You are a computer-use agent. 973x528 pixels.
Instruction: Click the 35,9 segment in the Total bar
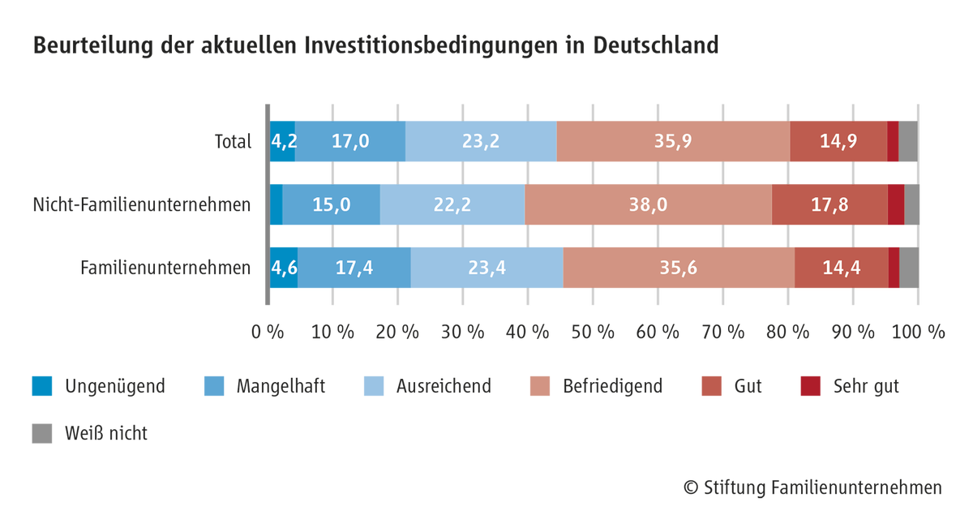point(673,141)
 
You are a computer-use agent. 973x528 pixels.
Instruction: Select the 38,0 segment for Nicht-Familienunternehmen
point(648,204)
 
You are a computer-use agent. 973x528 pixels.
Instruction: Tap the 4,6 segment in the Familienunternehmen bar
point(284,268)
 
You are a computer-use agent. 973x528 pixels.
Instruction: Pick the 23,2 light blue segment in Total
point(481,141)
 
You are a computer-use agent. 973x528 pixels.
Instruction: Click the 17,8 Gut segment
point(829,204)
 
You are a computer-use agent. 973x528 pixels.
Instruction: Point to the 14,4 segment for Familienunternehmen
point(842,268)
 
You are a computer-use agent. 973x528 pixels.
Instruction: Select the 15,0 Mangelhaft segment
point(331,204)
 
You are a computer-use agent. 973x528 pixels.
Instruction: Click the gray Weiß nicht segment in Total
point(908,141)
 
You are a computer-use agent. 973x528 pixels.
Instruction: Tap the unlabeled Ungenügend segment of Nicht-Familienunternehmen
point(276,204)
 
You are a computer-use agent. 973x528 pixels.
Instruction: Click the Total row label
point(234,142)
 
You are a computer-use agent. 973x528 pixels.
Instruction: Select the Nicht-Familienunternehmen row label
point(142,204)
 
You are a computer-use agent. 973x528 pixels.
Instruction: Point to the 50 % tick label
point(593,333)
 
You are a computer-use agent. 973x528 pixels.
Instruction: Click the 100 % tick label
point(918,333)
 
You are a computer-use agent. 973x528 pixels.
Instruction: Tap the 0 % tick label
point(268,333)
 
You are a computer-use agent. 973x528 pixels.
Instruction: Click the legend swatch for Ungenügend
point(42,386)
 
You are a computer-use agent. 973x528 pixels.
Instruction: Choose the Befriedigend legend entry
point(597,386)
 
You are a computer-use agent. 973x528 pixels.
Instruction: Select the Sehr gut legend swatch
point(811,386)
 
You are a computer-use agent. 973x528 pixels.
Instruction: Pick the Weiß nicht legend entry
point(90,433)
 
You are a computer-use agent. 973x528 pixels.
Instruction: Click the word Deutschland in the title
point(656,45)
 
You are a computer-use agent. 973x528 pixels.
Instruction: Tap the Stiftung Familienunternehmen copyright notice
point(812,487)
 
